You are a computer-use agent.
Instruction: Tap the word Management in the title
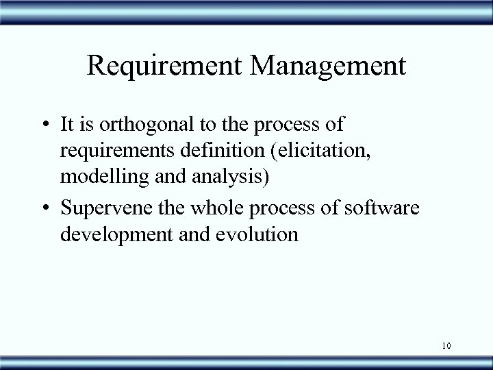(x=331, y=66)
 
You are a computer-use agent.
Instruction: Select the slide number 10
(x=446, y=346)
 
